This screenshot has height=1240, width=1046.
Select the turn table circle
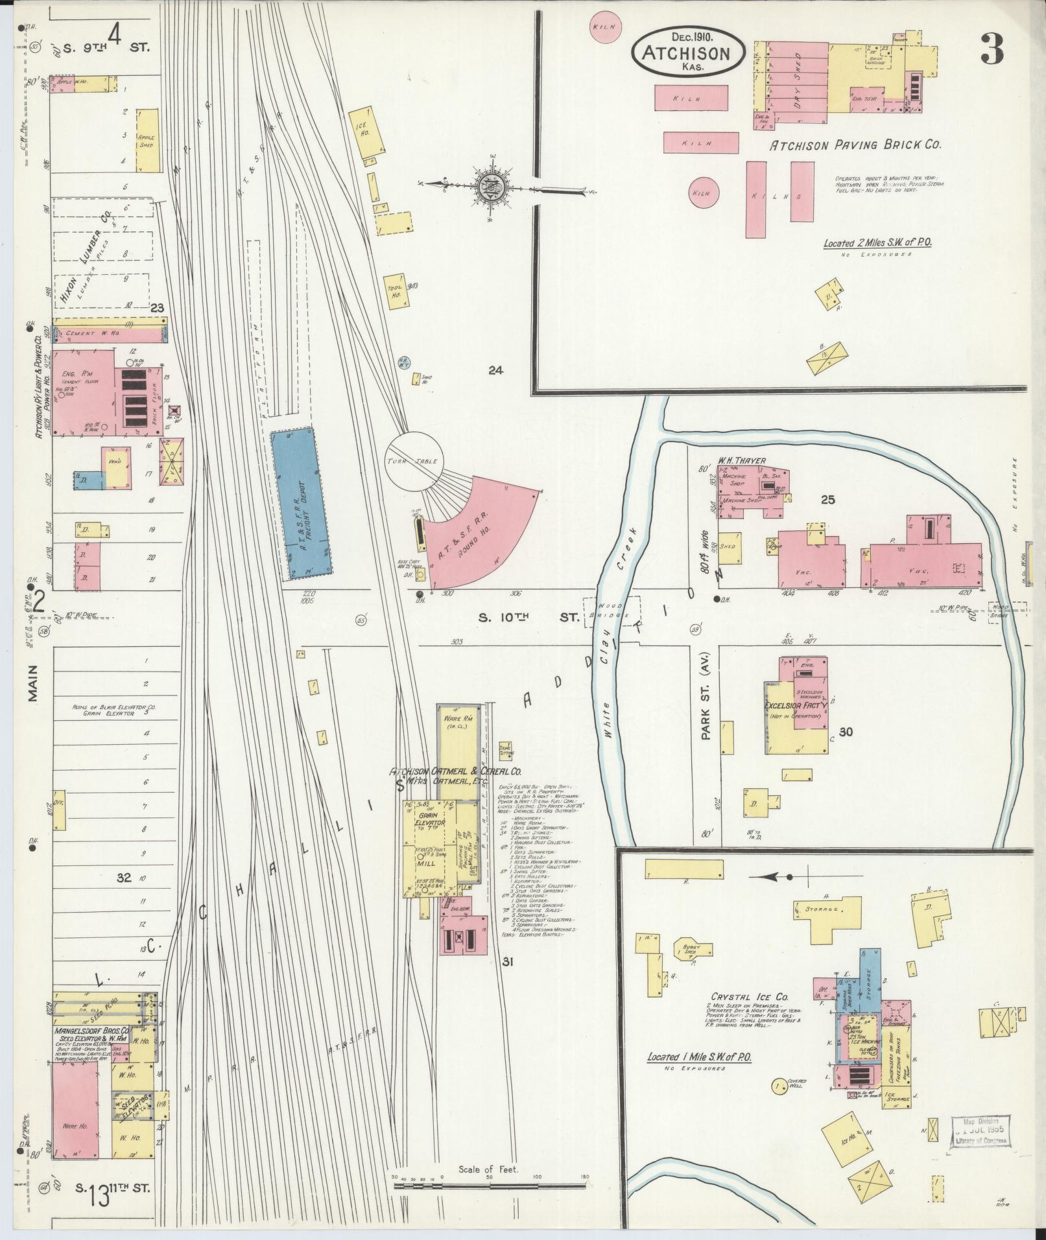click(413, 462)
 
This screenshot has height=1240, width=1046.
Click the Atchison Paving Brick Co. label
click(855, 146)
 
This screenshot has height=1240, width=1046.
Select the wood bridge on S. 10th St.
click(611, 612)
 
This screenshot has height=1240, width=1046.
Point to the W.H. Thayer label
click(741, 461)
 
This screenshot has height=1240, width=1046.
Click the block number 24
click(496, 371)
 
